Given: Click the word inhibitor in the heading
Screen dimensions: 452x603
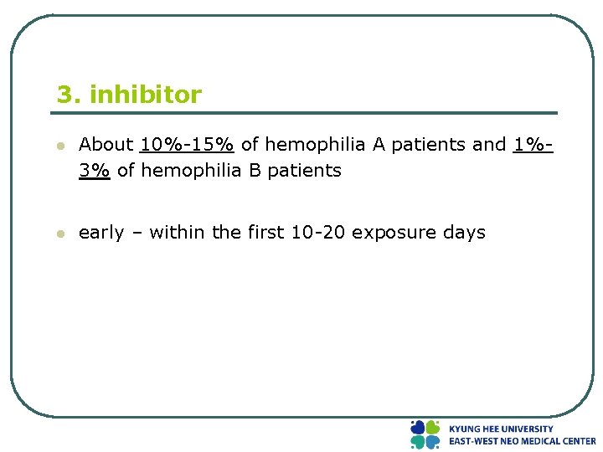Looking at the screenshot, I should click(145, 95).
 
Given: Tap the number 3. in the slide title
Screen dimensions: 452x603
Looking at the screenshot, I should click(69, 95).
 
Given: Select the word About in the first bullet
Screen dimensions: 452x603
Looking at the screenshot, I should click(106, 145).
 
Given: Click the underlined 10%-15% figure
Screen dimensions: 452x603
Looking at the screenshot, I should click(187, 145).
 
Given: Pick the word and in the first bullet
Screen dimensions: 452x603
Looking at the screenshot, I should click(489, 145).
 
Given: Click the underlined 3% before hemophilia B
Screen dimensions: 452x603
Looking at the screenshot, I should click(95, 171).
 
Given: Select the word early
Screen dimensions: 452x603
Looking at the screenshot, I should click(100, 233).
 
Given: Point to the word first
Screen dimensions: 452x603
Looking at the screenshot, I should click(265, 233).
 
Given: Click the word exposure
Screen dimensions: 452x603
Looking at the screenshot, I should click(390, 233).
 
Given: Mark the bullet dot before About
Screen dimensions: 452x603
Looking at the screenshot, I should click(60, 146).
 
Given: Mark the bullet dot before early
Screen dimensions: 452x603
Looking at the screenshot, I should click(60, 234).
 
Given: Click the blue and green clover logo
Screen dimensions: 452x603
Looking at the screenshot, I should click(425, 434).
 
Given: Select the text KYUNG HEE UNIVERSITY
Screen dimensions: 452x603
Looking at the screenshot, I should click(501, 429).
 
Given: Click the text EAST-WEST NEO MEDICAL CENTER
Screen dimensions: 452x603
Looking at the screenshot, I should click(522, 441).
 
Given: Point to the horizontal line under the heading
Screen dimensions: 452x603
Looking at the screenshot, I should click(307, 113).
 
